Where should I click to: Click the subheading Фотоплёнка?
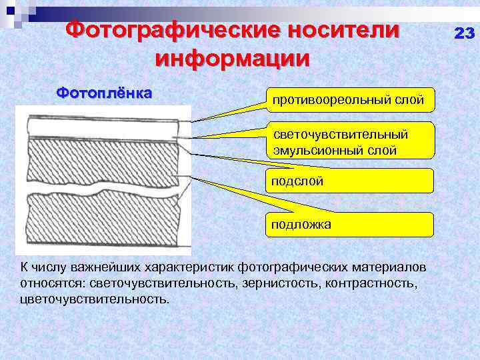click(x=104, y=92)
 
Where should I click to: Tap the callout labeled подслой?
click(x=349, y=181)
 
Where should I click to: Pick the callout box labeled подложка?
click(x=349, y=225)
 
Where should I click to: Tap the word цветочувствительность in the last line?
click(x=95, y=298)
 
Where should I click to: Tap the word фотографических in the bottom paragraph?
click(x=275, y=267)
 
